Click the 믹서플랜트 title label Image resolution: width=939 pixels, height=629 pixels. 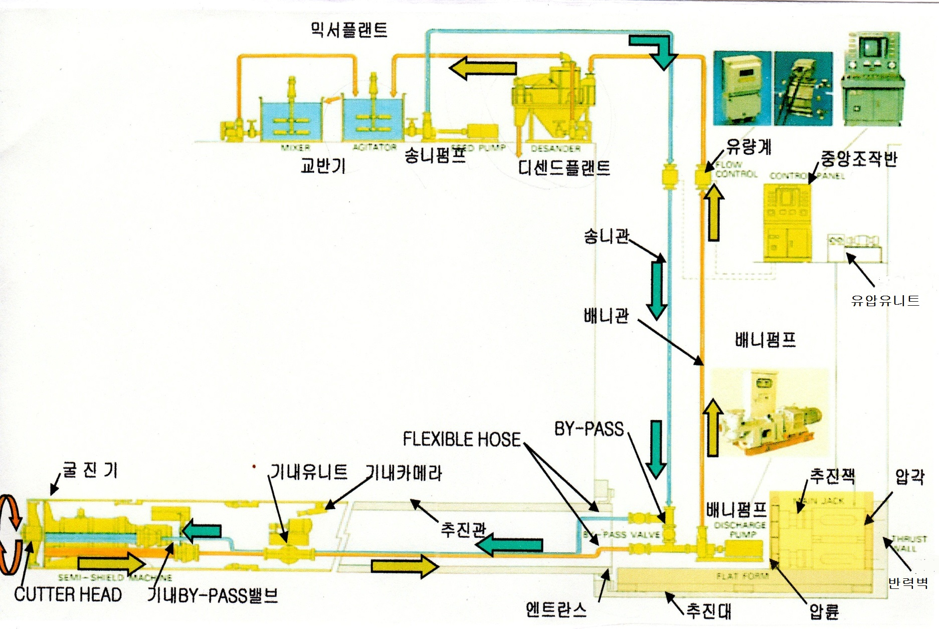[x=349, y=30]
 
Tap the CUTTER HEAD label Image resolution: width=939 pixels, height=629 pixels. [x=68, y=595]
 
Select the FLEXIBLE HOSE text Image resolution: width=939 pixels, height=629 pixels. [x=462, y=440]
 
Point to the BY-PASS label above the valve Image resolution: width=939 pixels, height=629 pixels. [x=589, y=429]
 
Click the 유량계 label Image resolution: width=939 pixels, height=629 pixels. [x=749, y=147]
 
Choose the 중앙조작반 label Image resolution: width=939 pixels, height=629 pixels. [x=858, y=159]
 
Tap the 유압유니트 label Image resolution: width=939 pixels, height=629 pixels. [x=885, y=300]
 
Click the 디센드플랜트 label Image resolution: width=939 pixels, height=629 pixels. [x=564, y=167]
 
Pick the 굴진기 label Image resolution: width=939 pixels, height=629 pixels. [x=90, y=470]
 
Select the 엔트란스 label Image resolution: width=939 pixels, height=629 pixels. [x=555, y=609]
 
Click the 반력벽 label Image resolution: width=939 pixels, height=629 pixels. [x=908, y=583]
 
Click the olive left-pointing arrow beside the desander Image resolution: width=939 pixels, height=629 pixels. [x=482, y=68]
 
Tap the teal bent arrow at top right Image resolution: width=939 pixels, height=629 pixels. [x=654, y=50]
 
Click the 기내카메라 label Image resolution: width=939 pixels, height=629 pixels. [x=404, y=473]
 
